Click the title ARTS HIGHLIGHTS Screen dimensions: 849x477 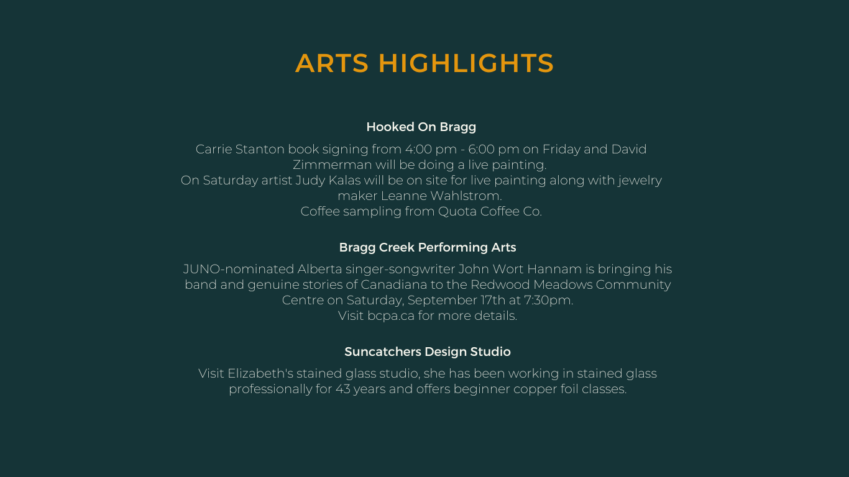pos(424,63)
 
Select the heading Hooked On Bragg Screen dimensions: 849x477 pos(421,127)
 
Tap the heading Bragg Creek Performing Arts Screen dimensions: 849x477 pos(428,248)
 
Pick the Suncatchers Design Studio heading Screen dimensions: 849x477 pos(428,352)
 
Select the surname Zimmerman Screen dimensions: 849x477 pos(333,165)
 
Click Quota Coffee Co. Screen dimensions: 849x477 pos(490,211)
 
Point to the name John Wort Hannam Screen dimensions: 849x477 pos(520,270)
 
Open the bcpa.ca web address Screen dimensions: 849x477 pos(391,316)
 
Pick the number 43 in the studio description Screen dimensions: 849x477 pos(343,389)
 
